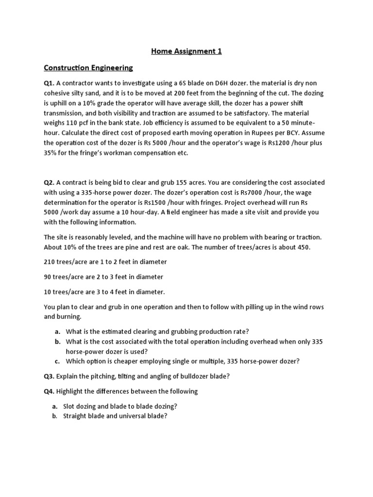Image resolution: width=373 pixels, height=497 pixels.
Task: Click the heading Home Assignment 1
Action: (x=186, y=51)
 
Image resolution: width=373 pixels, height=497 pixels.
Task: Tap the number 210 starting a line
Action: (x=50, y=262)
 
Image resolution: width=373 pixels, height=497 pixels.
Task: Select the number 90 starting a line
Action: (x=48, y=277)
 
